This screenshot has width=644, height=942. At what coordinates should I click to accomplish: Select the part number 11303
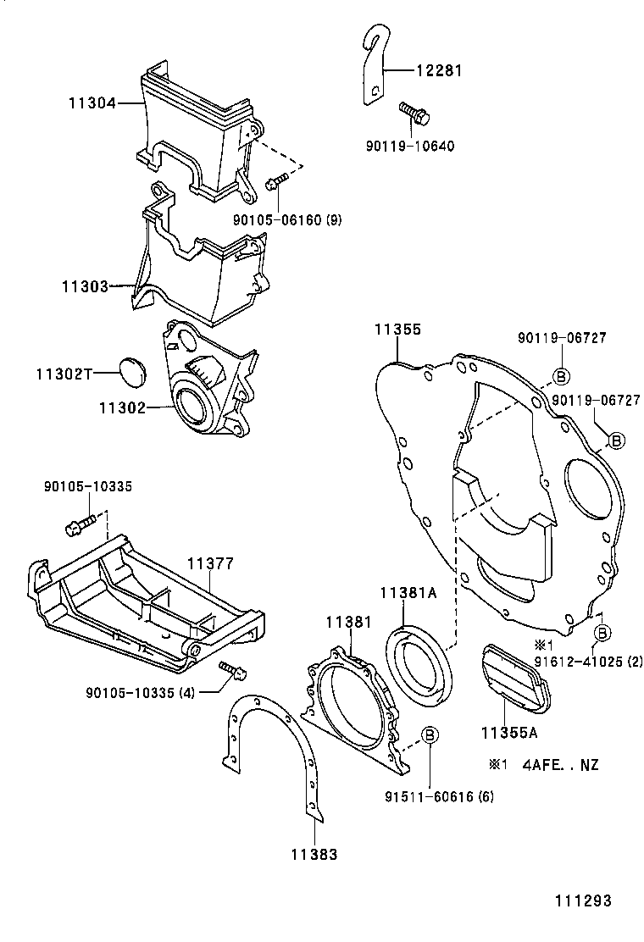coord(84,286)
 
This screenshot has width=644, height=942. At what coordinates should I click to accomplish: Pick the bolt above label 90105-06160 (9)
coord(278,182)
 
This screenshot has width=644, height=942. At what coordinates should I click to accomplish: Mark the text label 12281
coord(439,71)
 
